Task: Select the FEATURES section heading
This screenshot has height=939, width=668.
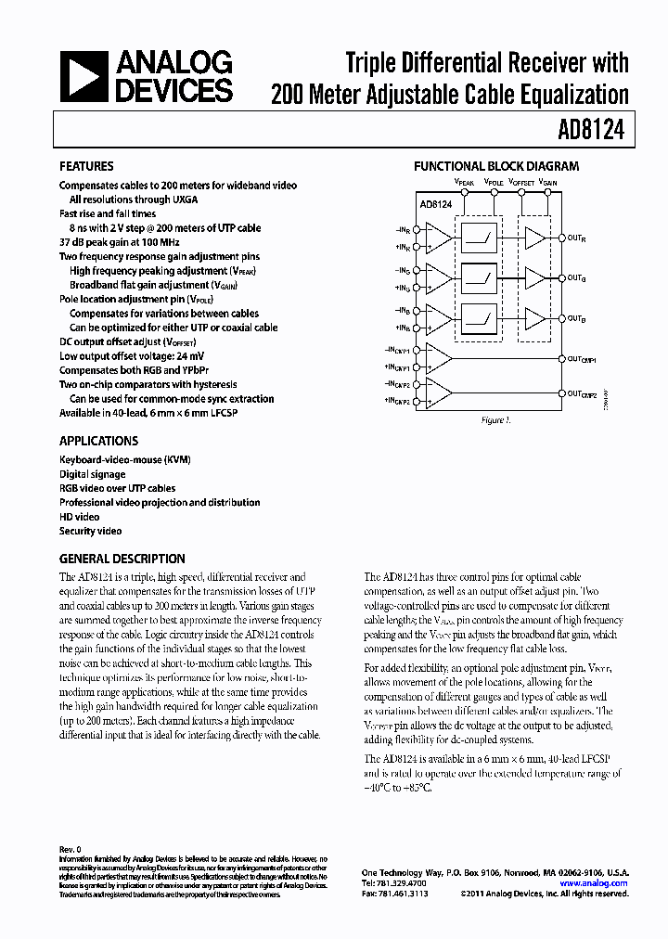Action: (86, 167)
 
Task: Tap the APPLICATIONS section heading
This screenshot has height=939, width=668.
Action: (98, 442)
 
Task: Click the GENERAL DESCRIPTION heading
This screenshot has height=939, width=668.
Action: (122, 559)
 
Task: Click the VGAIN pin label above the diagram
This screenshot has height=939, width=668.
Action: (548, 184)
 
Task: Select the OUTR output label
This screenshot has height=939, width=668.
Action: (576, 238)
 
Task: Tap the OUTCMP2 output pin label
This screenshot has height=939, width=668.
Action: (582, 393)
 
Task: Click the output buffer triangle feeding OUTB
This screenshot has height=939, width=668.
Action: (534, 316)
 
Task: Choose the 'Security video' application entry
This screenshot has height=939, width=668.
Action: (90, 532)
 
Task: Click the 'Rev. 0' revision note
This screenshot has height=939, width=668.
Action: (71, 849)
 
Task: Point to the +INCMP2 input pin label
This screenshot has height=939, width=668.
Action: (401, 400)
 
